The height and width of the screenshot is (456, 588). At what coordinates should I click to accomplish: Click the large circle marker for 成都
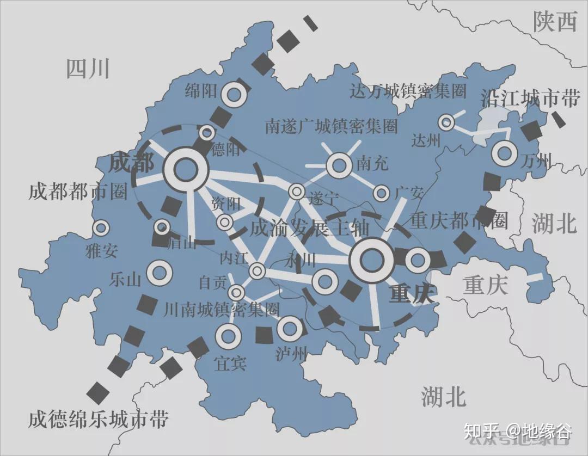(x=186, y=169)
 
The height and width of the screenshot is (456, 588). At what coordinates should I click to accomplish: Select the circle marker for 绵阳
(x=234, y=95)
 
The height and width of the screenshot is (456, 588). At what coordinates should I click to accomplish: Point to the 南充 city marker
(x=340, y=165)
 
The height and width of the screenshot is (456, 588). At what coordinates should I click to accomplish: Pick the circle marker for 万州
(x=504, y=153)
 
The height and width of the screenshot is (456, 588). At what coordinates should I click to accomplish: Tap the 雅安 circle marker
(x=101, y=228)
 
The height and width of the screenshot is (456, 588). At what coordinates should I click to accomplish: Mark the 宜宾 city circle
(x=228, y=337)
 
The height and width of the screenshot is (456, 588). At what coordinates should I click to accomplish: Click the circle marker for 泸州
(x=289, y=328)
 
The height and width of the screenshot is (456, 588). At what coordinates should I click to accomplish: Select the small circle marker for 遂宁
(x=297, y=191)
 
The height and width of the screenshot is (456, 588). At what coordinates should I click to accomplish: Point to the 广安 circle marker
(x=382, y=193)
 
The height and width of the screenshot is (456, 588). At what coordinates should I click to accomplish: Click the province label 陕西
(x=554, y=22)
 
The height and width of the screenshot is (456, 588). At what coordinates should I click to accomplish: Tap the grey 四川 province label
(x=88, y=69)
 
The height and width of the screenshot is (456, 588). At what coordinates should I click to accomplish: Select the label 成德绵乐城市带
(x=99, y=420)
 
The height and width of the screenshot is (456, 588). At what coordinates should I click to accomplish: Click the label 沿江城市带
(x=530, y=98)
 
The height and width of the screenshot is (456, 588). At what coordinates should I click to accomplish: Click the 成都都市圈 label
(x=78, y=192)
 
